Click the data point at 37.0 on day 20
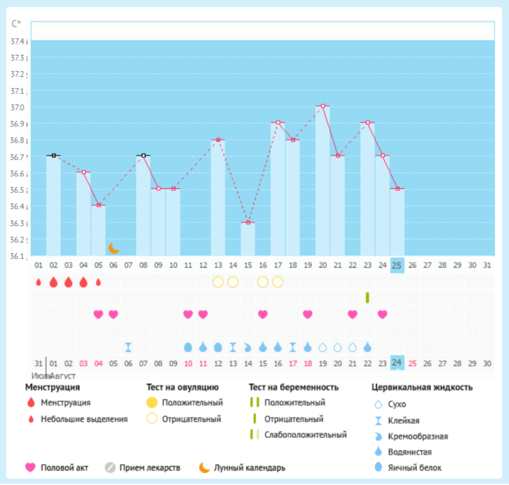coord(323,106)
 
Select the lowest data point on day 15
coord(247,222)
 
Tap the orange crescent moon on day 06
coord(114,248)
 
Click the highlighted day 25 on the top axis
coord(397,265)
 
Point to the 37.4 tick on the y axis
coord(18,42)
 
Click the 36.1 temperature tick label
coord(18,256)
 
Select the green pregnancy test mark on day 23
coord(367,297)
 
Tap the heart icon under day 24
coord(382,314)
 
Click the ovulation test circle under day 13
coord(217,282)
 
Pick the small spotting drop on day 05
coord(98,282)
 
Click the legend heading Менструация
coord(52,387)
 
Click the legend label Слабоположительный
coord(305,435)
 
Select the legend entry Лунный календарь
coord(249,468)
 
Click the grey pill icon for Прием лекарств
coord(110,468)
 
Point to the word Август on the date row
coord(63,375)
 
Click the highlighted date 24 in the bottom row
coord(397,363)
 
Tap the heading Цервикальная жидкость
coord(422,387)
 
